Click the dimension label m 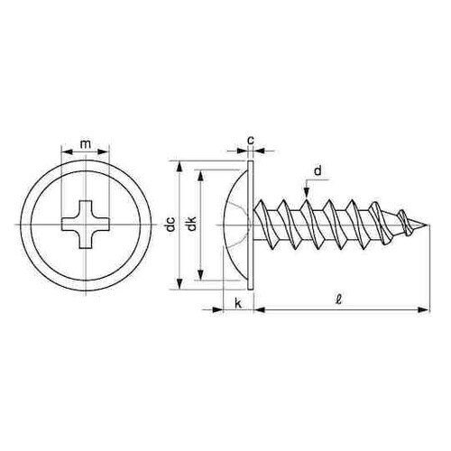pyautogui.click(x=86, y=144)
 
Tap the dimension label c pyautogui.click(x=251, y=140)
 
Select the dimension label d pyautogui.click(x=318, y=170)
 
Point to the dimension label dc pyautogui.click(x=170, y=224)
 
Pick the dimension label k pyautogui.click(x=238, y=304)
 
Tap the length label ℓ pyautogui.click(x=339, y=299)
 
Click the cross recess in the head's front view pyautogui.click(x=86, y=225)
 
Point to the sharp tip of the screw pyautogui.click(x=428, y=225)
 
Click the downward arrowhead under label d pyautogui.click(x=306, y=193)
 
